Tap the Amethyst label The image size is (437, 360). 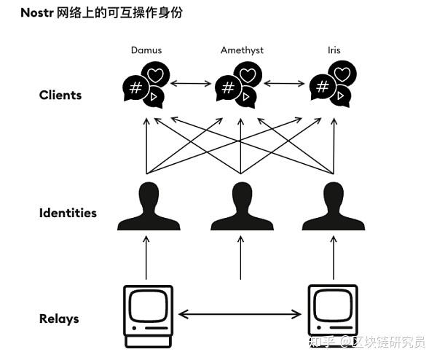241,50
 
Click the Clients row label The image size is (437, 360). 60,95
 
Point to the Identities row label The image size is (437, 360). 68,213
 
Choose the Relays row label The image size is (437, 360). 59,318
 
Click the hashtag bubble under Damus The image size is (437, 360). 135,89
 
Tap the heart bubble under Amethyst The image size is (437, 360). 248,74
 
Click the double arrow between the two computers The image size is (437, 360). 240,315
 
